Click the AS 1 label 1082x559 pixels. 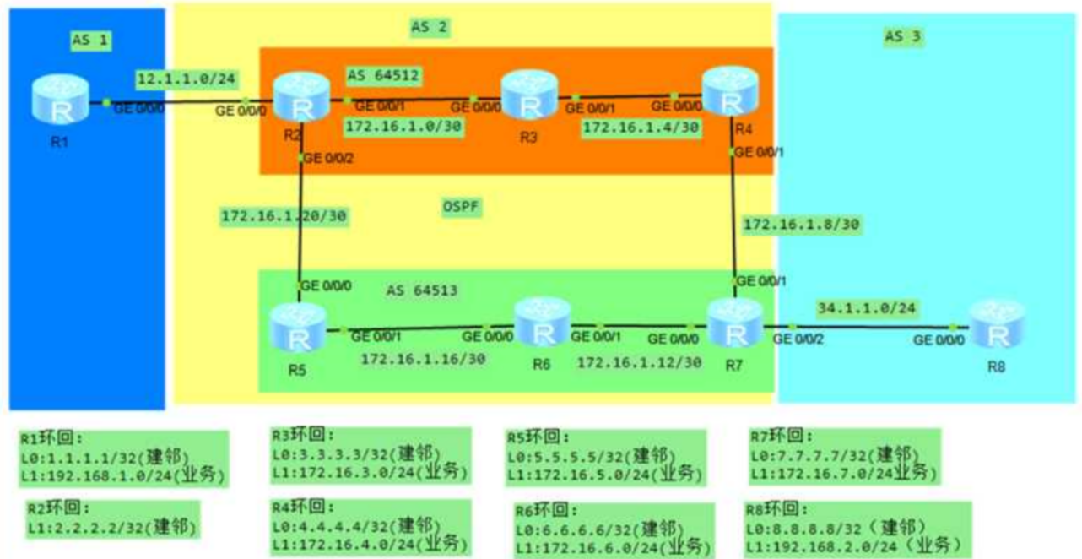92,39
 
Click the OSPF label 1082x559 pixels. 460,205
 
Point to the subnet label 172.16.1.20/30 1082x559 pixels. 284,216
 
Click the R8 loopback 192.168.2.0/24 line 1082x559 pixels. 857,546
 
